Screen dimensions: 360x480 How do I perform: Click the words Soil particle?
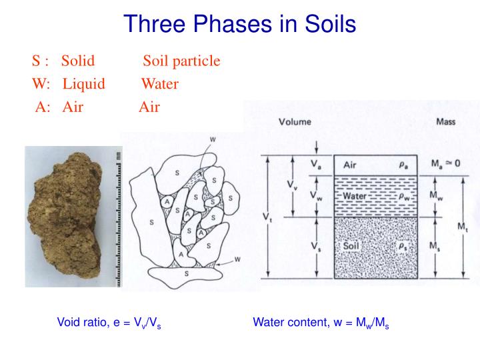pos(181,61)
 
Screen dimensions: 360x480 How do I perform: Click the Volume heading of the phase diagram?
pos(294,123)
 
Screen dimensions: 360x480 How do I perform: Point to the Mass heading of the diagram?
pos(445,123)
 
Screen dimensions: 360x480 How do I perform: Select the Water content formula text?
pos(321,323)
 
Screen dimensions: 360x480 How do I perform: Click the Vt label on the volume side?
pos(266,217)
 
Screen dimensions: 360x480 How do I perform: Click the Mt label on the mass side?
pos(462,227)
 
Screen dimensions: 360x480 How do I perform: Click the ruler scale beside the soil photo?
pos(119,217)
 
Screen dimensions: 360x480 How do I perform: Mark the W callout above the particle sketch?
pos(213,139)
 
